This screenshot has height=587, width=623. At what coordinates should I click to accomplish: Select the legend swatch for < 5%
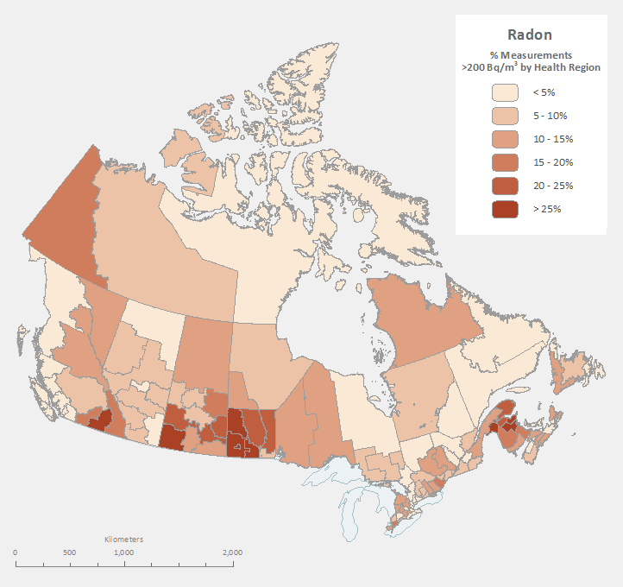pos(505,92)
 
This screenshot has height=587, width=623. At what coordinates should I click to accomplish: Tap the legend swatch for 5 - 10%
pos(505,116)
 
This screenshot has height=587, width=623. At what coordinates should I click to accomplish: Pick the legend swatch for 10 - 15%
pos(505,139)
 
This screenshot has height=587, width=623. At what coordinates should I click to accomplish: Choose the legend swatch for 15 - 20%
pos(505,162)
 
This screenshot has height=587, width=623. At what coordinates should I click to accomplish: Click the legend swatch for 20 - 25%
pos(505,186)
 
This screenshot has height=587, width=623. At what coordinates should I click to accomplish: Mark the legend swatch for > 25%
pos(505,209)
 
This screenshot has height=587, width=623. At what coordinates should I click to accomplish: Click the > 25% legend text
pos(547,209)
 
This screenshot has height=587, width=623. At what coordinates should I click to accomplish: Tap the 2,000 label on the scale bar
pos(231,552)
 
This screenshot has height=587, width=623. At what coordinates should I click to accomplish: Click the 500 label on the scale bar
pos(69,552)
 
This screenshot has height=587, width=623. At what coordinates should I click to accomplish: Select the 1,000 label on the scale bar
pos(123,552)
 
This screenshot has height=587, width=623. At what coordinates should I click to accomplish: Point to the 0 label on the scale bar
pos(16,552)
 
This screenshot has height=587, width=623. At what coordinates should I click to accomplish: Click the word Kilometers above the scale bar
pos(123,540)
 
